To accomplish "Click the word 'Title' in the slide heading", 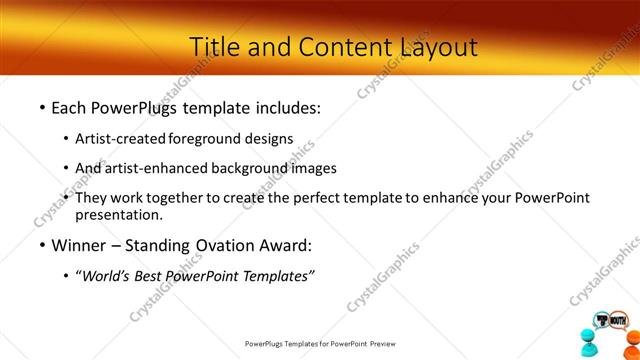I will (212, 46).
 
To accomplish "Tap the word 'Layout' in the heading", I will (433, 46).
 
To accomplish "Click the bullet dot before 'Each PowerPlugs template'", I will (42, 107).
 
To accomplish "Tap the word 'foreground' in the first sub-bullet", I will (207, 139).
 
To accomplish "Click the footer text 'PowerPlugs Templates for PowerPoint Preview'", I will (320, 343).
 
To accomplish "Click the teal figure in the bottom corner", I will (587, 340).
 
